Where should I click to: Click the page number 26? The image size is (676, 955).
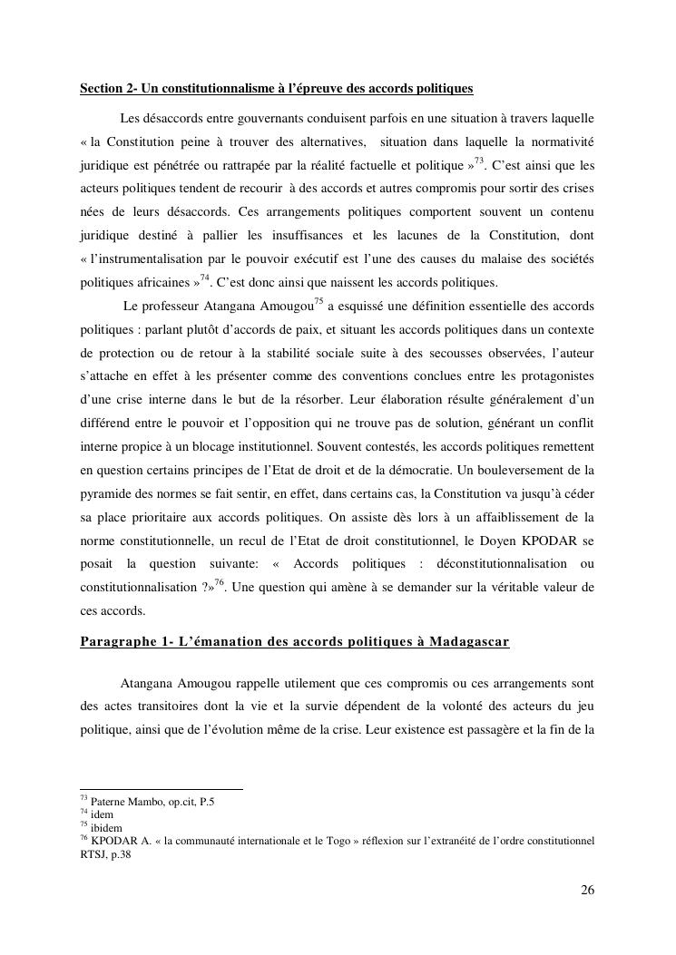pos(587,890)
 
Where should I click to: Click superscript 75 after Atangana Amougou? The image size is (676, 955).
pos(318,300)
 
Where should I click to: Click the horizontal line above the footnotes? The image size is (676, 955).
pos(162,789)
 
